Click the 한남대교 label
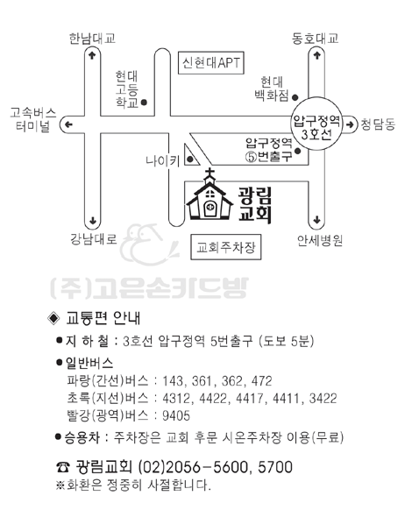click(92, 39)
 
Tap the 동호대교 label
click(315, 39)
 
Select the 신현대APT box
click(211, 62)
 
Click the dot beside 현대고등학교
click(144, 103)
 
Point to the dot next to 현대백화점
click(295, 97)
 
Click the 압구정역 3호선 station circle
click(316, 124)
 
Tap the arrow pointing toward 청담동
click(350, 124)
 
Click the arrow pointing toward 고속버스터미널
click(68, 124)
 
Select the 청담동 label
click(378, 124)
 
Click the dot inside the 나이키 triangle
click(190, 159)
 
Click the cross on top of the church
click(210, 172)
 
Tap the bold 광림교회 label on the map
click(255, 204)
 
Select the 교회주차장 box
click(226, 247)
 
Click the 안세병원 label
click(320, 241)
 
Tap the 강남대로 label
click(94, 239)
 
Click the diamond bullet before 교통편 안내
click(53, 318)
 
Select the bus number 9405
click(176, 415)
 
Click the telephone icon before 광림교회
click(62, 467)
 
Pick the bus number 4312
click(177, 398)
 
